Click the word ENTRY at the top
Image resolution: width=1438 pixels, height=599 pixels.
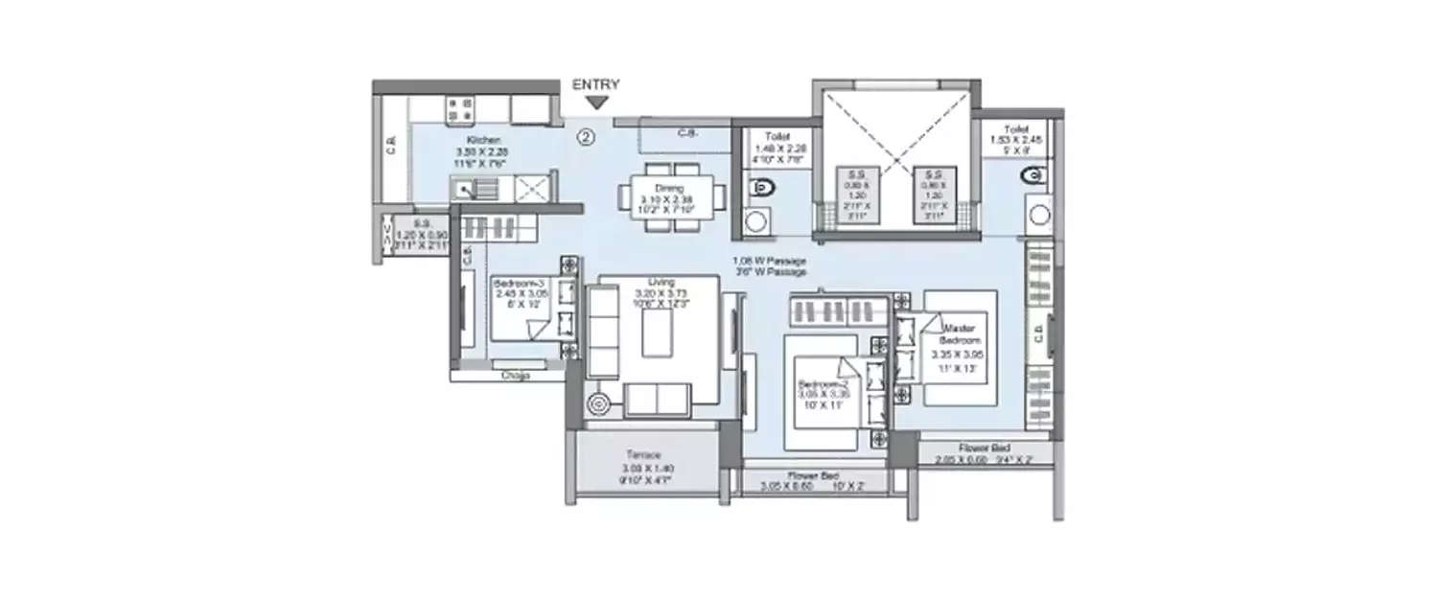pyautogui.click(x=596, y=84)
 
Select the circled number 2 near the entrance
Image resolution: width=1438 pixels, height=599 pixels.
pyautogui.click(x=586, y=137)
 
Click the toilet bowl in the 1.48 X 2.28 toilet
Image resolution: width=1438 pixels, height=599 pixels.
pyautogui.click(x=762, y=189)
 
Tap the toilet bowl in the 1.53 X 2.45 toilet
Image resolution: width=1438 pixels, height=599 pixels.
pyautogui.click(x=1032, y=176)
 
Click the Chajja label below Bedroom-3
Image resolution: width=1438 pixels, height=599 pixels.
pyautogui.click(x=514, y=376)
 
